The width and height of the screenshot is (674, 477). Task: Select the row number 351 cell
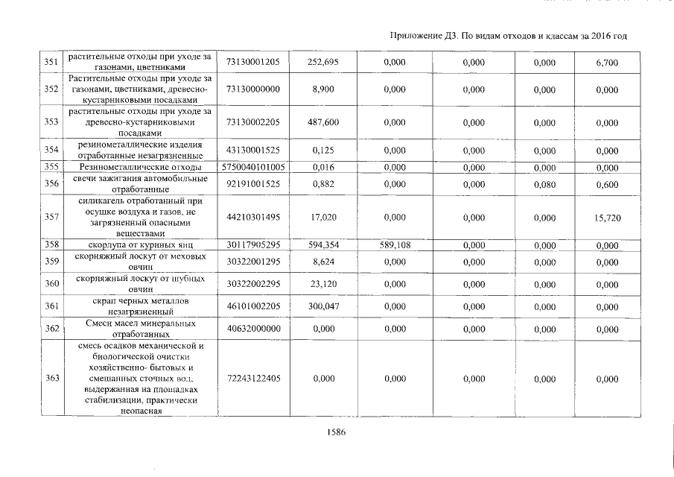51,63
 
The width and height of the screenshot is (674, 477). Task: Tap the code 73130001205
252,63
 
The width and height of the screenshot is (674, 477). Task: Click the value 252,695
322,63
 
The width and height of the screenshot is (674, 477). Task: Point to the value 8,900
322,89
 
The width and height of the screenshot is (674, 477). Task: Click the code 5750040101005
252,168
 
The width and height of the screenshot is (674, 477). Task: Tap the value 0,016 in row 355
322,168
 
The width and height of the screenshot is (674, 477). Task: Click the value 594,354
322,244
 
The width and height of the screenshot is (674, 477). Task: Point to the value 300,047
322,306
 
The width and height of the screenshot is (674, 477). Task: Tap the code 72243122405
252,379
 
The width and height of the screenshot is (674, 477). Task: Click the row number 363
51,379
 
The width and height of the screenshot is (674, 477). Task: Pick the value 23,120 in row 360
322,284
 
